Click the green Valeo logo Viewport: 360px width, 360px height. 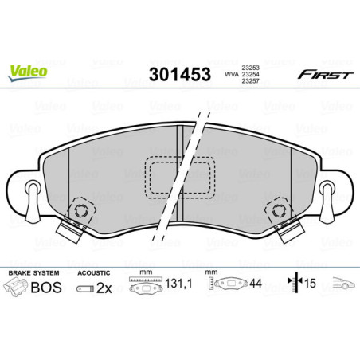coord(28,70)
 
